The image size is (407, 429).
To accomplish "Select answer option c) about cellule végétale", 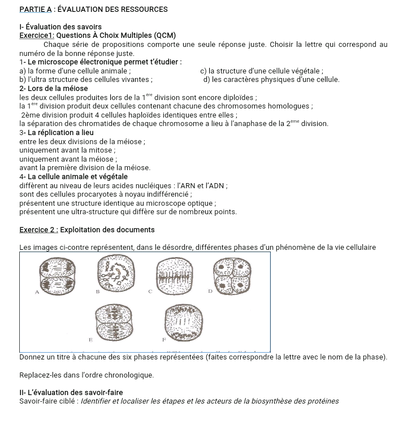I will pos(262,71).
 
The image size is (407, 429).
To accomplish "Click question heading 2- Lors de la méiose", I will pos(54,88).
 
